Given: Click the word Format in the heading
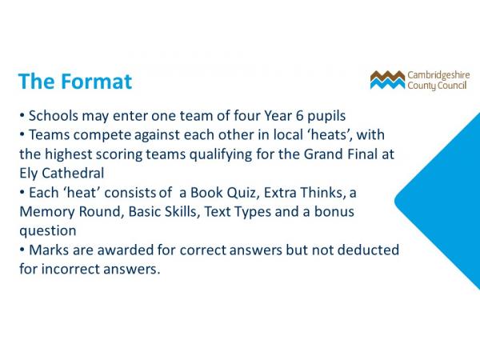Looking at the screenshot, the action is [97, 82].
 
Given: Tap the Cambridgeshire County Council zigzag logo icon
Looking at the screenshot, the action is [387, 80].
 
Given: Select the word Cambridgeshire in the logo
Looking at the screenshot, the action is [438, 75].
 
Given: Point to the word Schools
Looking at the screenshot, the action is [54, 116].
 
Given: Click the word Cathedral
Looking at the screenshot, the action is [73, 174].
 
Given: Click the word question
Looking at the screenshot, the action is [48, 231].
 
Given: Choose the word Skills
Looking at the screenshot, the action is [182, 212].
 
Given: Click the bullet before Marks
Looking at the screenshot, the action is [22, 250].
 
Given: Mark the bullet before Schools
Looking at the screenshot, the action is [22, 115].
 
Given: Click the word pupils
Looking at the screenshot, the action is [326, 116].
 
